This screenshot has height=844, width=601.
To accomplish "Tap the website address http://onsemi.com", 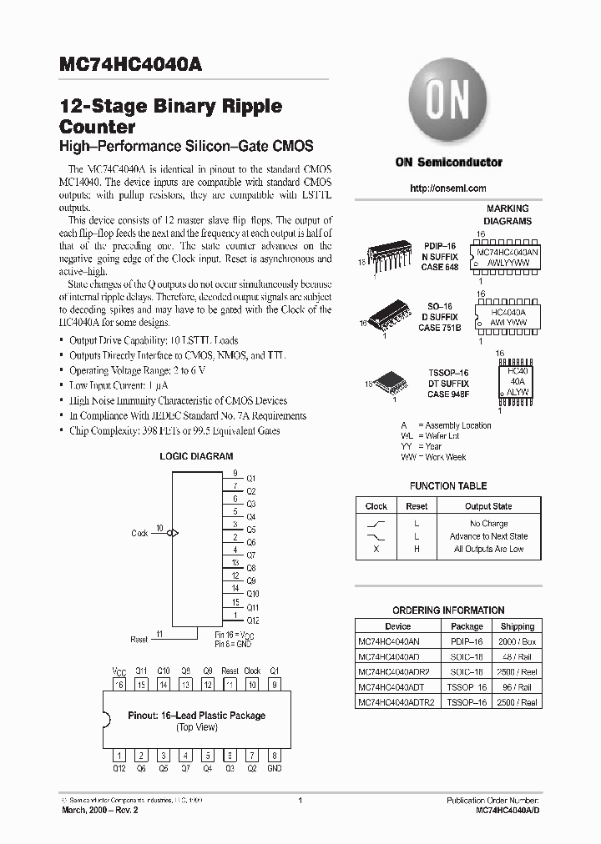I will (448, 188).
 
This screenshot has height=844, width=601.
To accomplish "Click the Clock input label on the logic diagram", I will (139, 533).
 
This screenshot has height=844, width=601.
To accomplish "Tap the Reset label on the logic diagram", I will (139, 640).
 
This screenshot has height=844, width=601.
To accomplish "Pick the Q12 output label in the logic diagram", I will (252, 620).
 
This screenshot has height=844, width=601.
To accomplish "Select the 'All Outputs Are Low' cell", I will (488, 550).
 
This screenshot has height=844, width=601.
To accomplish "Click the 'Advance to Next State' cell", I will (488, 536).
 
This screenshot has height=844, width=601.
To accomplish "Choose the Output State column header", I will (488, 506).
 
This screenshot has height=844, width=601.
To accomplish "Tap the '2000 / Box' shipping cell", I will (518, 641).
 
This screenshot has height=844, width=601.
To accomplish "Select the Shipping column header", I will (518, 626).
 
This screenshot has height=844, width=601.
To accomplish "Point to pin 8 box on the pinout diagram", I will (274, 755).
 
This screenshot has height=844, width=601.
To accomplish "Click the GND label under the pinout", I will (274, 768).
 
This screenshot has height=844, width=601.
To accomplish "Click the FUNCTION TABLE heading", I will (448, 486).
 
